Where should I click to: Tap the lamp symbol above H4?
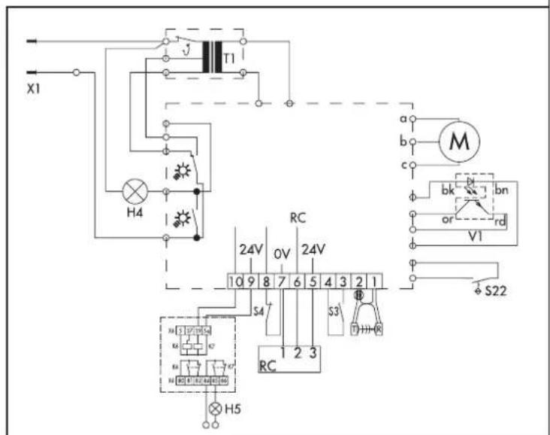[137, 193]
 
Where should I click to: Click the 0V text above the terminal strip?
[281, 252]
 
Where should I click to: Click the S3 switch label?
[335, 309]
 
